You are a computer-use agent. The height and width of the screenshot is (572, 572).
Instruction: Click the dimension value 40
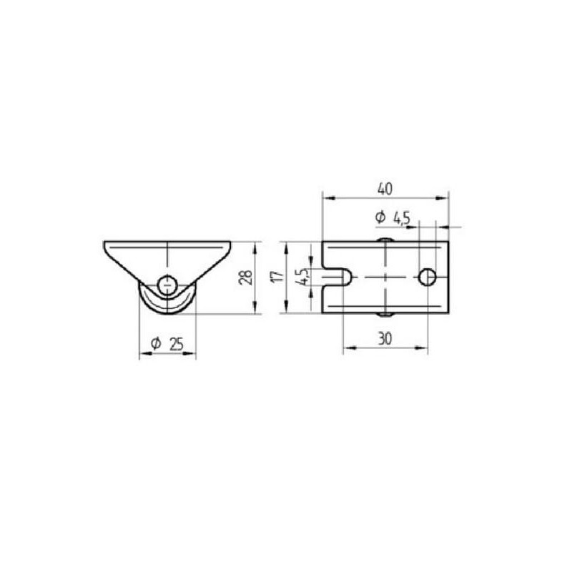[385, 189]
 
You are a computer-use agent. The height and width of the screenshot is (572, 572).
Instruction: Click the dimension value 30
[385, 339]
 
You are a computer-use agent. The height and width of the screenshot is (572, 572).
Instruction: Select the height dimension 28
[245, 277]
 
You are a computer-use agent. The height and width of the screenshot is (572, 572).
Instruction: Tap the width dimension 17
[277, 276]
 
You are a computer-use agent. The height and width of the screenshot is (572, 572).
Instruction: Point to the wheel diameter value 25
[177, 344]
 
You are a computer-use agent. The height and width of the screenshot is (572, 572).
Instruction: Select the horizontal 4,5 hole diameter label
[401, 219]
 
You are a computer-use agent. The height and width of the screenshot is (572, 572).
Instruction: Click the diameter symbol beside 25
[156, 343]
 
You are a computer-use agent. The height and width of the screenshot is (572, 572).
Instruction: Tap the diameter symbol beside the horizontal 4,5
[380, 217]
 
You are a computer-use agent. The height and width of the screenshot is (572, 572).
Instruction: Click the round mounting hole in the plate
[427, 277]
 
